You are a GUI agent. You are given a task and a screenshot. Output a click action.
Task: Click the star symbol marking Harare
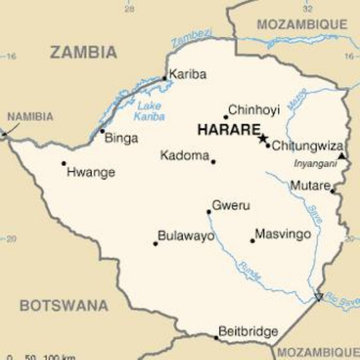point(263,138)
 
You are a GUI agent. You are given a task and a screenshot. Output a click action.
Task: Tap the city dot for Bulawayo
point(155,244)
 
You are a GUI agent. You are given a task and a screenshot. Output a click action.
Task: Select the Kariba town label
point(188,75)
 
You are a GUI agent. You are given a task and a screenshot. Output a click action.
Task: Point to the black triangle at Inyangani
point(341,156)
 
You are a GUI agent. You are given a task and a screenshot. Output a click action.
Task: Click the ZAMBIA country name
point(83,52)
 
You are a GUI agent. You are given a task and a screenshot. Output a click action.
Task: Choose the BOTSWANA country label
point(64,306)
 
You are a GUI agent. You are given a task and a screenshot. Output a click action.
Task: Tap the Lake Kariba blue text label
point(149,111)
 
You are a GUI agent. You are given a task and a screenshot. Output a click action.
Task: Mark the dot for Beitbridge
point(216,338)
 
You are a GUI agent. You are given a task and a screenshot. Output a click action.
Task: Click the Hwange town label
point(91,173)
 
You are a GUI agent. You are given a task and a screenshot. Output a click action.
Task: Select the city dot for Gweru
point(208,212)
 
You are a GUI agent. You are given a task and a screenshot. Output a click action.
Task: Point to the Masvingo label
point(283,234)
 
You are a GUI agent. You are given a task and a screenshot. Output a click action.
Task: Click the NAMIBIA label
point(31,117)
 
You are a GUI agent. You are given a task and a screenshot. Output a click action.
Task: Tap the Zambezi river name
point(192,39)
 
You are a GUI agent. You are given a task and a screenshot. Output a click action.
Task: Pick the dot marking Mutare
point(332,191)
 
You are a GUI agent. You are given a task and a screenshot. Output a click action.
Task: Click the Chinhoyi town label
point(254,110)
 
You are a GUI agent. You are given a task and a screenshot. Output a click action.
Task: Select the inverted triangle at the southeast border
point(319,297)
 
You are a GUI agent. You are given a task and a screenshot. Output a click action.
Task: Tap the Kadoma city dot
point(213,162)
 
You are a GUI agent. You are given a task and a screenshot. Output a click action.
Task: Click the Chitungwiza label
point(307,146)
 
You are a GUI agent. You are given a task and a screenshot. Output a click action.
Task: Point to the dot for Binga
point(102,131)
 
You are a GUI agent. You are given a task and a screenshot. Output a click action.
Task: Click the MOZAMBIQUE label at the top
point(302,25)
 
